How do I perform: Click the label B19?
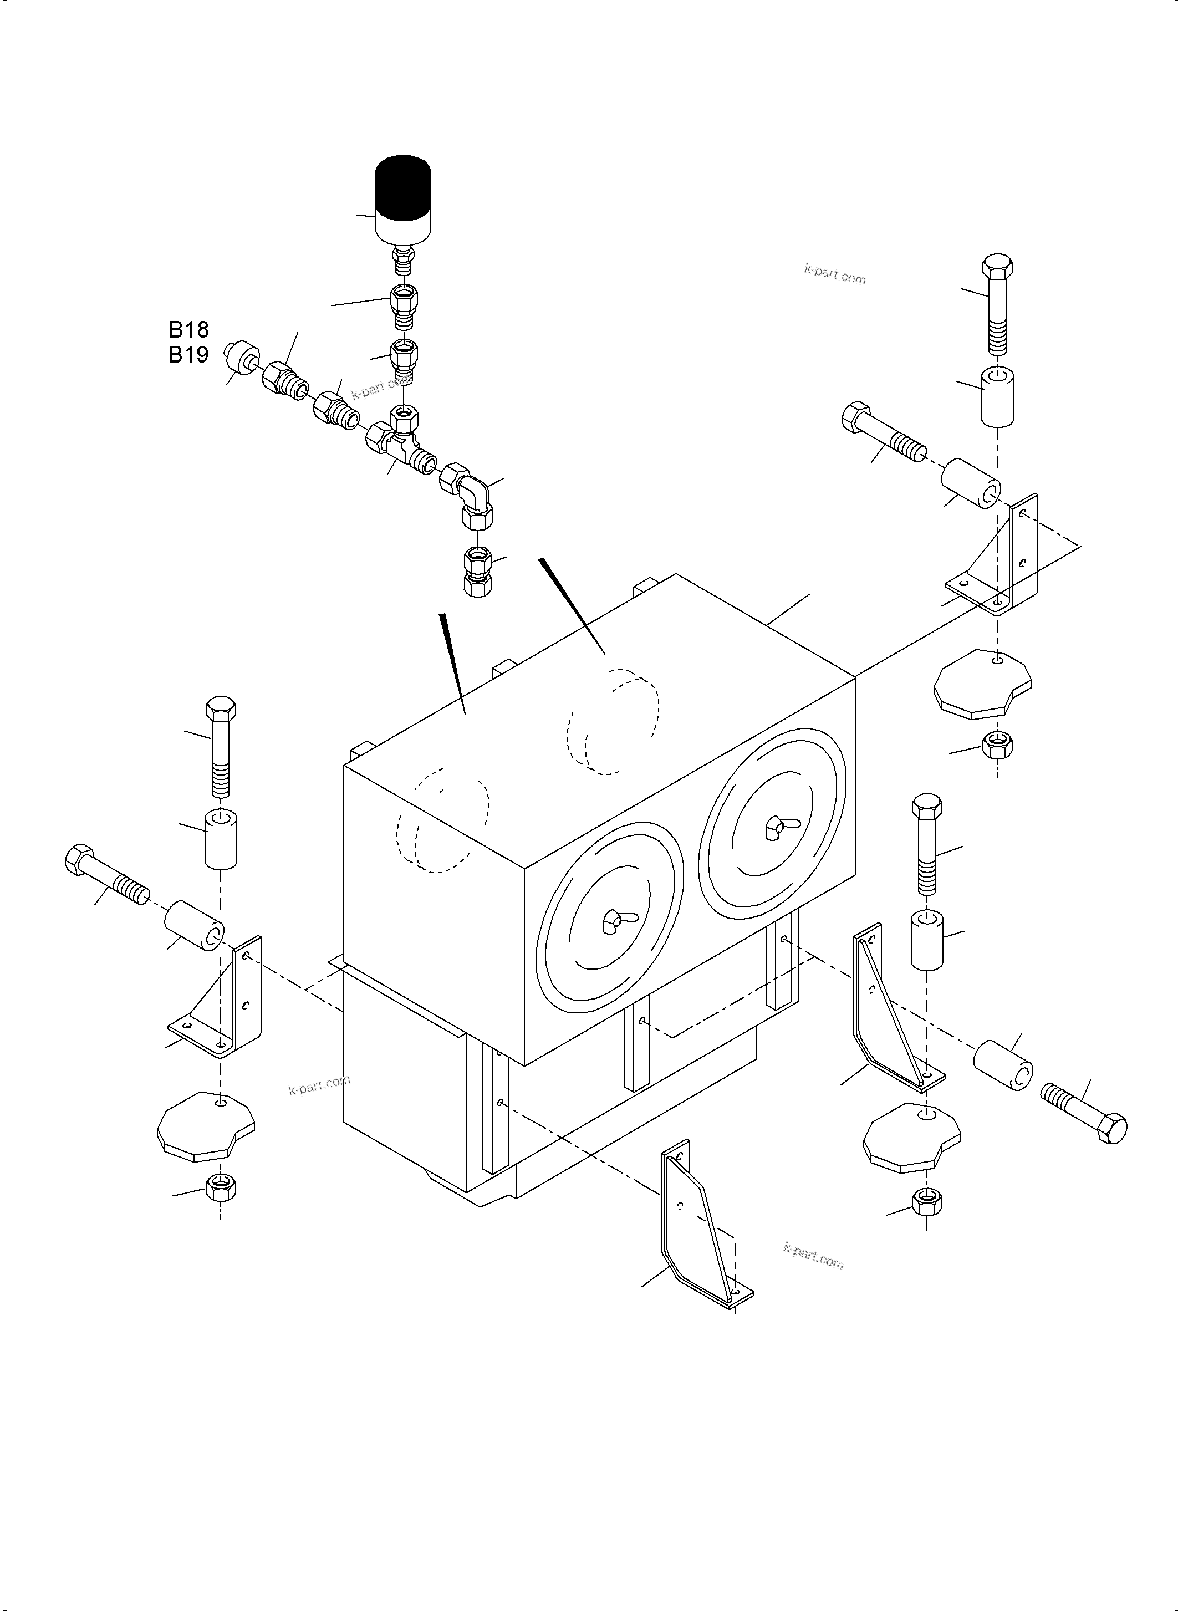point(188,354)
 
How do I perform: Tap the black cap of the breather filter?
point(403,187)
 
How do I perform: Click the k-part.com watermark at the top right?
point(834,274)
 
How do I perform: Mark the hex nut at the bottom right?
point(926,1202)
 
